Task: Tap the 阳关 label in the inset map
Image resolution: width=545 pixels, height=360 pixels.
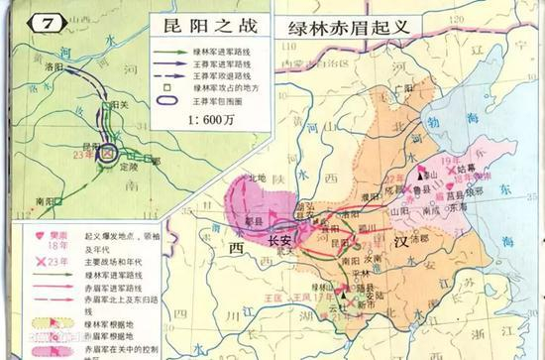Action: tap(123, 104)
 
